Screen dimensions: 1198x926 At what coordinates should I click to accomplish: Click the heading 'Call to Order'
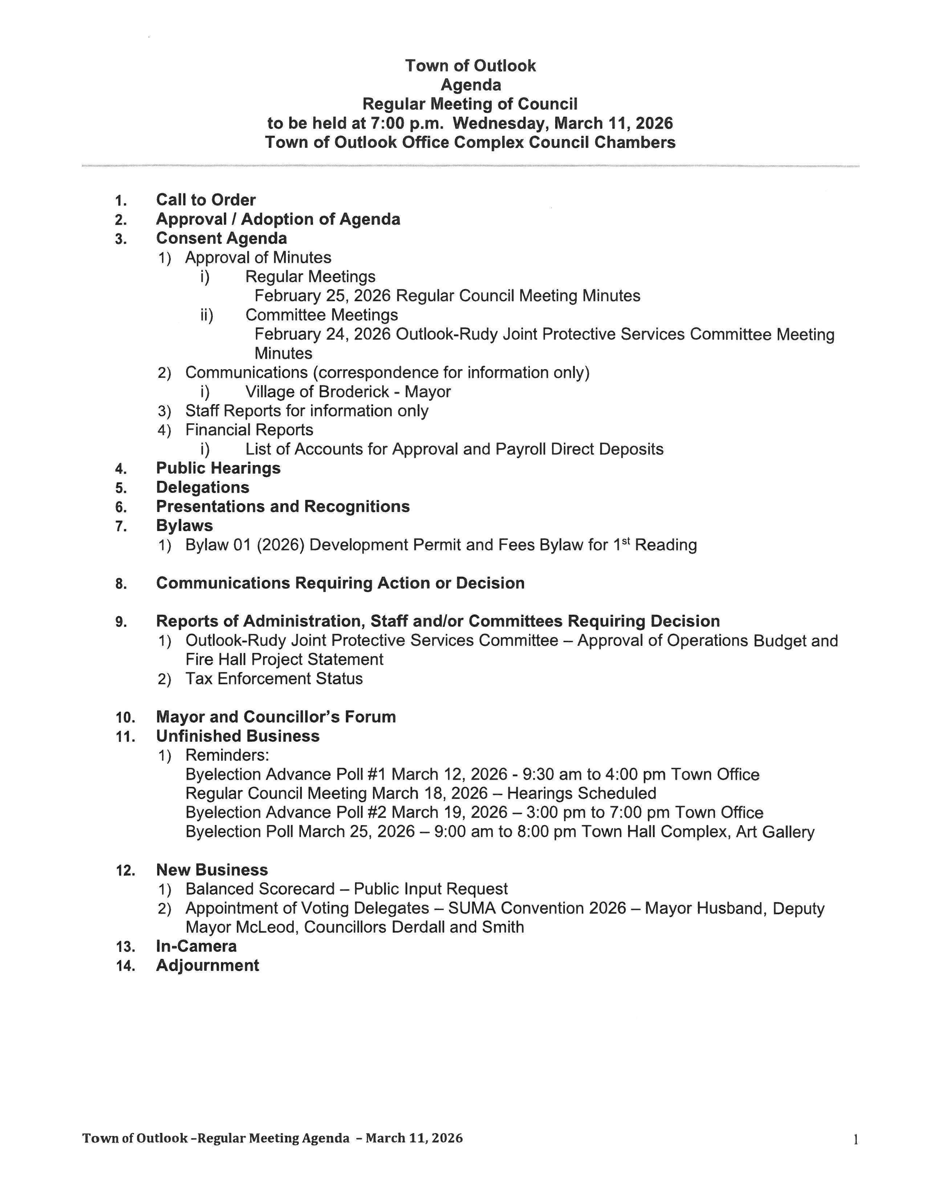click(x=206, y=200)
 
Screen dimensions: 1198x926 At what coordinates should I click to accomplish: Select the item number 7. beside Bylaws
click(x=121, y=527)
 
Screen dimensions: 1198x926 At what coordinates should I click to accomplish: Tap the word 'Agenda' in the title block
click(x=471, y=85)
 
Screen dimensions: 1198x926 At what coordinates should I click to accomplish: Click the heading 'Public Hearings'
click(x=218, y=468)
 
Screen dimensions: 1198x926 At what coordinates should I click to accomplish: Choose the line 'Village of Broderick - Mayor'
click(x=348, y=392)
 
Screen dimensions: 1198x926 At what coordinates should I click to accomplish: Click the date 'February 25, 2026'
click(x=322, y=296)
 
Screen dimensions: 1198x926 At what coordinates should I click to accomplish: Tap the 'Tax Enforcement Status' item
click(x=274, y=679)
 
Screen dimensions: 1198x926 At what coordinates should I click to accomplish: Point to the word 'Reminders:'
click(x=227, y=755)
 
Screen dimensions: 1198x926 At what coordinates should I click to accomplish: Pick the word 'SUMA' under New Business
click(x=472, y=908)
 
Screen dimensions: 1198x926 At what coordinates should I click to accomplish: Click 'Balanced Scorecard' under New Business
click(x=260, y=889)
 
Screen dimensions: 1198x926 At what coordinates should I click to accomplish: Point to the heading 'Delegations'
click(x=202, y=487)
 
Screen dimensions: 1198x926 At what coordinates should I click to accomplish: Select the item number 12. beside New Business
click(x=126, y=871)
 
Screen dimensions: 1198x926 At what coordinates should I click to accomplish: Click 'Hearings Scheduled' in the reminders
click(x=581, y=793)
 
